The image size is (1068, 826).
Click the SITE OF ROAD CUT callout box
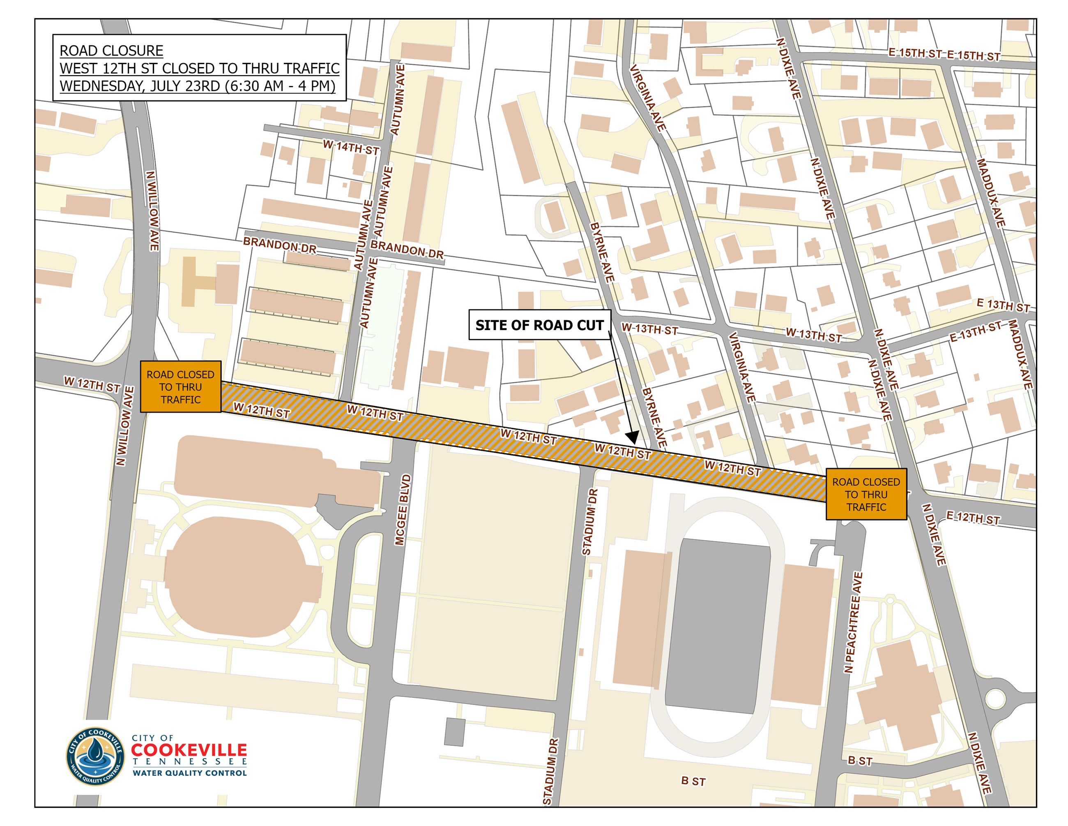(539, 325)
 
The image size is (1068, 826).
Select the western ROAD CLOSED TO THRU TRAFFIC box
(180, 386)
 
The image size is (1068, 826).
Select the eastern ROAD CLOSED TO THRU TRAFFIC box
(866, 494)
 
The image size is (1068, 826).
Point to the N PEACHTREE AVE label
(853, 622)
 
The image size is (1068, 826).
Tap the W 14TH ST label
(351, 147)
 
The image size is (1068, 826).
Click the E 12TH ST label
(972, 518)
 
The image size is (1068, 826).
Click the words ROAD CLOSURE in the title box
(111, 51)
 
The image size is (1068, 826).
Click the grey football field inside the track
(717, 626)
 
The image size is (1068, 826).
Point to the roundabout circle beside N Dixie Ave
(994, 699)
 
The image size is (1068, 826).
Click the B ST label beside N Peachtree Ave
(860, 761)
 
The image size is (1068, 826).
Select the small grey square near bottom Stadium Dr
(454, 732)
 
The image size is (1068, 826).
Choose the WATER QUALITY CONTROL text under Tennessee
(189, 773)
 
